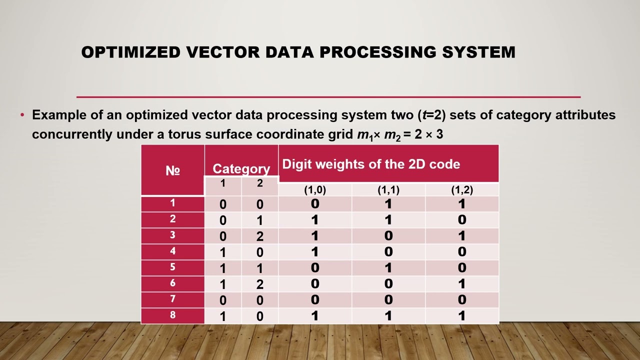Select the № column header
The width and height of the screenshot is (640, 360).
(172, 170)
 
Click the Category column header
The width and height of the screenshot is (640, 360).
(241, 169)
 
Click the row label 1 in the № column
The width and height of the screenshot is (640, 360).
(172, 203)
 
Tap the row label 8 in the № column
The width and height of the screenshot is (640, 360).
(172, 315)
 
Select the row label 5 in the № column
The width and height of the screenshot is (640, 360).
(172, 267)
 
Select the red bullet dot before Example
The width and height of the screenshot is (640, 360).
(22, 115)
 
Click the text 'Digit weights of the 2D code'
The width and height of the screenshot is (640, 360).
(371, 164)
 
